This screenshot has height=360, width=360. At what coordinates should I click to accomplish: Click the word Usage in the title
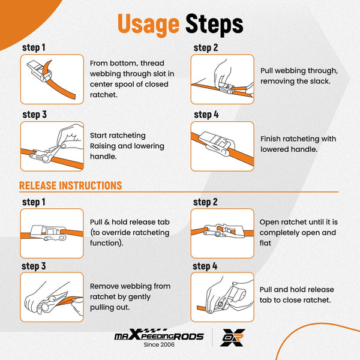148,25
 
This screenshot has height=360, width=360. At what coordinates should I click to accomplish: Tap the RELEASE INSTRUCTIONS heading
70,185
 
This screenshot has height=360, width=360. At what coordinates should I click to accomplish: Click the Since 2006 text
159,344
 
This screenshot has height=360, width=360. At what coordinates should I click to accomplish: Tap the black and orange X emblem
233,337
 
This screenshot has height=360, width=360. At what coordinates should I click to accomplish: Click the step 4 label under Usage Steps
206,115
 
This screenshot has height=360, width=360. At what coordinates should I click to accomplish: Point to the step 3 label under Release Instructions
34,266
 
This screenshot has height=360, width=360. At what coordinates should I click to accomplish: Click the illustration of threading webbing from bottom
52,79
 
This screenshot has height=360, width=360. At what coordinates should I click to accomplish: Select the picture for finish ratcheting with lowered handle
222,146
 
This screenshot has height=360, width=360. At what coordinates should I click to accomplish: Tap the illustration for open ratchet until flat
222,233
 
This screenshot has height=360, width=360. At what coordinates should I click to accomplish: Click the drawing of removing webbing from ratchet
52,297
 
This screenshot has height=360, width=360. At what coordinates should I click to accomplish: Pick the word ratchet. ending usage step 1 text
104,95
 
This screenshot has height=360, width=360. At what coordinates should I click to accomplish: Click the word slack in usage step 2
320,81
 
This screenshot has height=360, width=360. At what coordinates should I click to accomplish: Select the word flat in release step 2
265,243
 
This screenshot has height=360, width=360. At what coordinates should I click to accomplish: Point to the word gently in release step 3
139,297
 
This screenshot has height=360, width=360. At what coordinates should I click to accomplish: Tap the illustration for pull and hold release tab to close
222,297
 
